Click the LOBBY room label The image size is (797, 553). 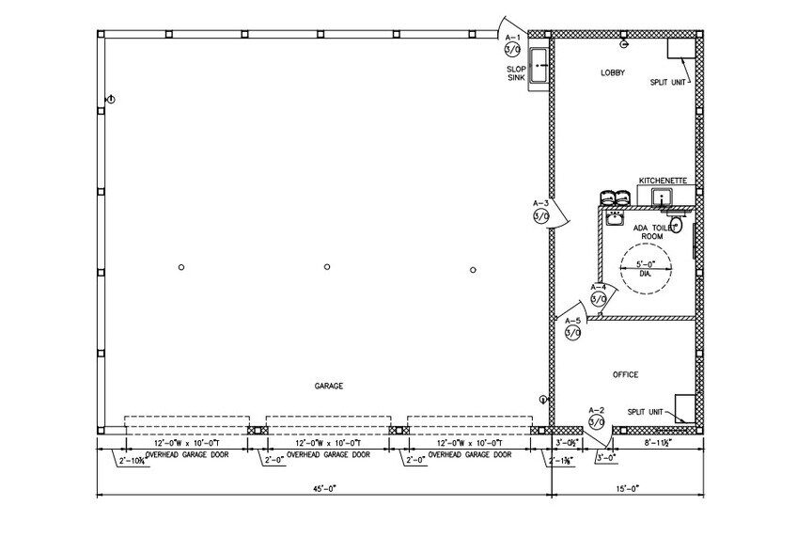(613, 72)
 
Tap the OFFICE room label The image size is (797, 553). (625, 374)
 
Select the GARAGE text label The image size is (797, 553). (329, 387)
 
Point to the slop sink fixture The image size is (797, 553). (539, 67)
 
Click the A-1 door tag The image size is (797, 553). (512, 45)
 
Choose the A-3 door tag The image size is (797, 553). (540, 211)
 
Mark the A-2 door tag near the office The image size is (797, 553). (595, 418)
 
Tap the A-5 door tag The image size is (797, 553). (572, 328)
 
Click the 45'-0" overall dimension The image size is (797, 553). (324, 488)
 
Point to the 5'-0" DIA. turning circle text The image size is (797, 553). (645, 269)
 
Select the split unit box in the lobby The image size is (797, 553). (679, 51)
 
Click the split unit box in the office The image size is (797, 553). (685, 408)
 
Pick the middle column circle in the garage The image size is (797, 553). (327, 267)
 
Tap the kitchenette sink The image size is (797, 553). (664, 197)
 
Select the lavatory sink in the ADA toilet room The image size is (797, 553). (615, 218)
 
